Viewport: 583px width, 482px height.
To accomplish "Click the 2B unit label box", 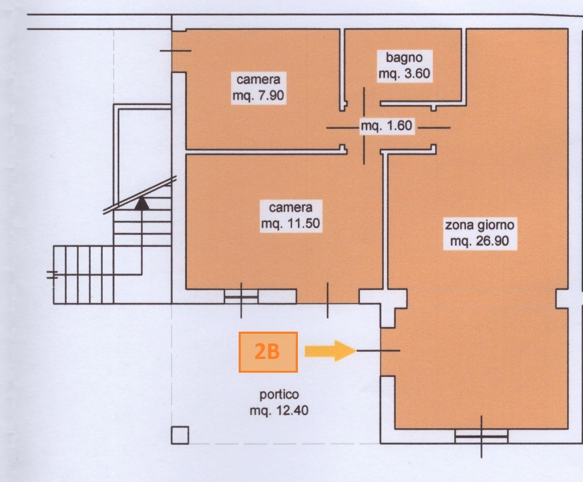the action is click(x=268, y=352).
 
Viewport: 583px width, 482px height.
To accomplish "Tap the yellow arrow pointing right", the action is click(x=330, y=351).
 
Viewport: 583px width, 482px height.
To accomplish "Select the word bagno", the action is click(x=404, y=58).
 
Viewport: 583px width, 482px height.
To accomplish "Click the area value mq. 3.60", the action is click(x=404, y=74).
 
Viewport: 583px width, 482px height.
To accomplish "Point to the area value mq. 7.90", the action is click(x=258, y=95).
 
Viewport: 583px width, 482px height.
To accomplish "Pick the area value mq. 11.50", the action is click(x=290, y=223).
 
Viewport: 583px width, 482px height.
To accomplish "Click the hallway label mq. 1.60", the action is click(x=387, y=126).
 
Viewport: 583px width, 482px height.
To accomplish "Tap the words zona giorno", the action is click(x=480, y=225).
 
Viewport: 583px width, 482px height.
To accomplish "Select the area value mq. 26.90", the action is click(x=480, y=241).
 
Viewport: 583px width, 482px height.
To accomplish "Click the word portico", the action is click(x=279, y=395).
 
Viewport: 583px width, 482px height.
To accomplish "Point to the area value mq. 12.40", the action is click(x=279, y=411).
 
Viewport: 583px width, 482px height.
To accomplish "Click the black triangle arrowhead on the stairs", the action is click(x=142, y=203).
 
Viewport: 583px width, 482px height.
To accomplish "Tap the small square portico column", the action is click(x=180, y=435).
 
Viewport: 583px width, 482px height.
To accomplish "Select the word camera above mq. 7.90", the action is click(x=258, y=79).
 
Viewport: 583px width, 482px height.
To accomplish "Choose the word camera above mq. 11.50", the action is click(x=290, y=207).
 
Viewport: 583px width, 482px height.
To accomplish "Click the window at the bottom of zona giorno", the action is click(x=481, y=436).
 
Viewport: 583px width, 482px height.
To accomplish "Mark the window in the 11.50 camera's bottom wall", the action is click(x=241, y=297).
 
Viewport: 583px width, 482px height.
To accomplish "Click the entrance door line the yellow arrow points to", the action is click(x=378, y=351).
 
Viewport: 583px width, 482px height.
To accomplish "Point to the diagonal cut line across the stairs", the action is click(x=140, y=195).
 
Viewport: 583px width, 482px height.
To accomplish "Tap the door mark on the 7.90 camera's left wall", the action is click(x=176, y=51).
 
